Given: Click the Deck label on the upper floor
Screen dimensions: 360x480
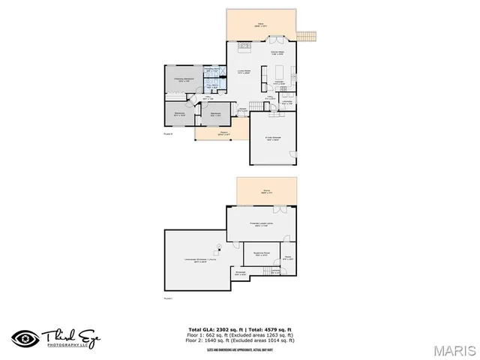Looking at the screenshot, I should click(x=261, y=25).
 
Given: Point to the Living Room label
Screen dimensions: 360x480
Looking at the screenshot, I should click(x=242, y=71).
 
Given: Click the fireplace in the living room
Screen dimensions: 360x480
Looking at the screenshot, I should click(x=243, y=46).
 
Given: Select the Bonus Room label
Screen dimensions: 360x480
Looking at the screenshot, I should click(x=261, y=255).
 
